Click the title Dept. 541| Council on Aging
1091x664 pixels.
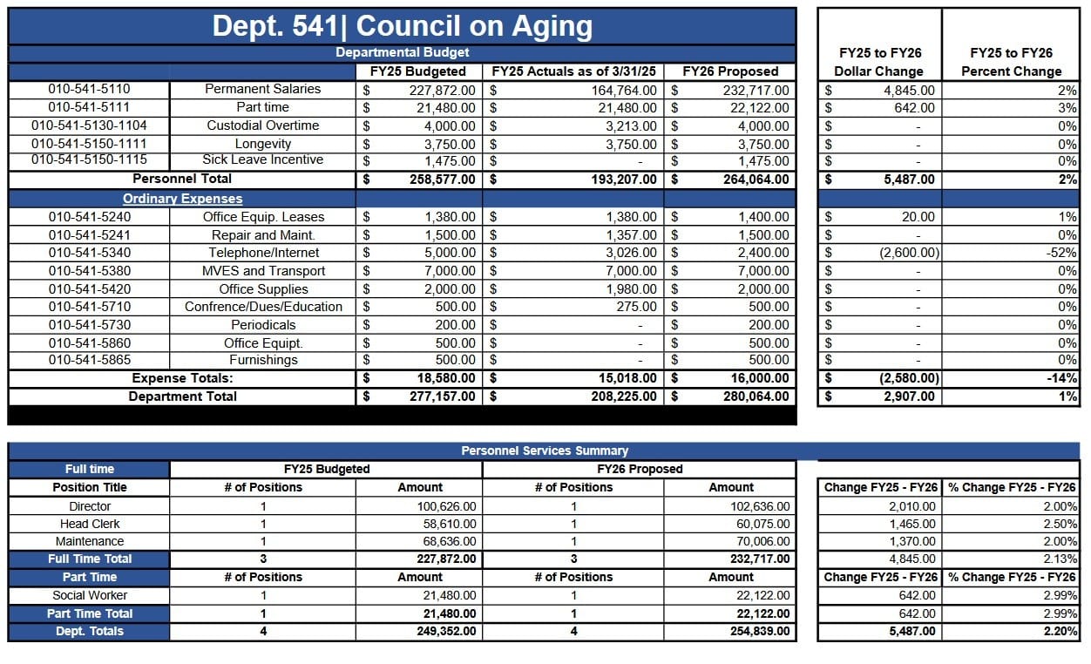403,26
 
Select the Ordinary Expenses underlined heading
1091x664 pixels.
183,199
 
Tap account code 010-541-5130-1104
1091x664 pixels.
89,125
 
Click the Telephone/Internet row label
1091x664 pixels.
263,253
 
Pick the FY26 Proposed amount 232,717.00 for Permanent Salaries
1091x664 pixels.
756,91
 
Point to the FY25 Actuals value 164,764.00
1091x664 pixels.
624,91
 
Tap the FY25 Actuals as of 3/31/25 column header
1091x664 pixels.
573,71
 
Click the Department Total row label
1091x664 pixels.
183,396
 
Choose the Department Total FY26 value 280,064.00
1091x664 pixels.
756,396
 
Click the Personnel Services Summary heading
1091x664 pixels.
545,451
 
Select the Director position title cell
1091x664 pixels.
90,506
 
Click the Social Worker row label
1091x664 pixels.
90,595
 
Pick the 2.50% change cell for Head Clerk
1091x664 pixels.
1061,525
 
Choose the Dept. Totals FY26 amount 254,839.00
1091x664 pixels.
760,632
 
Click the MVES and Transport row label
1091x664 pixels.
263,271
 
